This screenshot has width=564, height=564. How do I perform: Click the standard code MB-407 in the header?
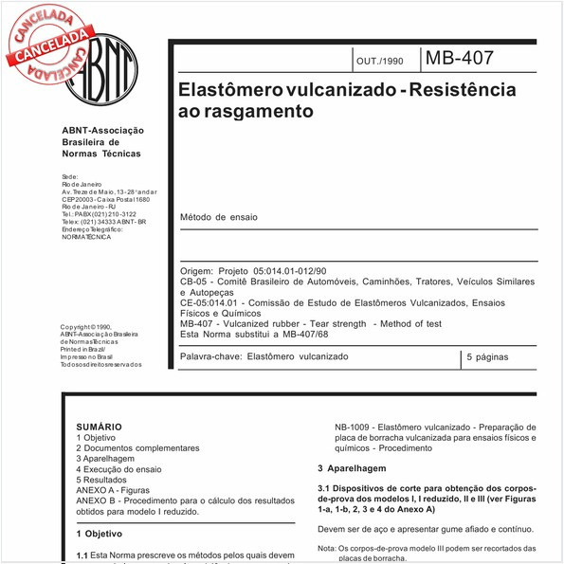click(x=459, y=58)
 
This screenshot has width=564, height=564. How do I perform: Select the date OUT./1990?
click(x=379, y=61)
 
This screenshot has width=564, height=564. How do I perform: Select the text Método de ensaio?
click(x=218, y=217)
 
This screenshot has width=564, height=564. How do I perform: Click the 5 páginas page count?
click(x=487, y=357)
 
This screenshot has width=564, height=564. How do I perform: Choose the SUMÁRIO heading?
click(x=100, y=428)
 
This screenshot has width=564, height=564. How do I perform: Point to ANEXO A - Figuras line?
click(x=118, y=490)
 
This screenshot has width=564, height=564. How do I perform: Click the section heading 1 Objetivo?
click(x=100, y=535)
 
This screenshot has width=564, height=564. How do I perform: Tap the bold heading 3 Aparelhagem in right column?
click(x=352, y=469)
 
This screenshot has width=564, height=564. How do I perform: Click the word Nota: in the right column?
click(x=326, y=548)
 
